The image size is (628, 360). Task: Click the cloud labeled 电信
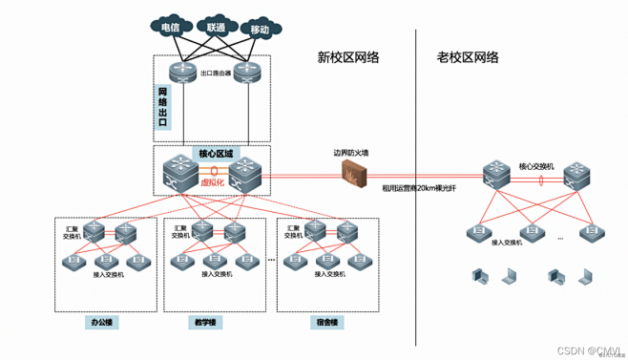(171, 27)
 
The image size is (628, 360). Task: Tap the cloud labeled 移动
(259, 30)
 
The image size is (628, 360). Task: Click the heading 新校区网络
(348, 57)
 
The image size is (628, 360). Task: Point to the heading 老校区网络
(468, 57)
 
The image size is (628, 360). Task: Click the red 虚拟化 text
(212, 180)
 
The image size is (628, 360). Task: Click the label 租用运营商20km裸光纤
(419, 189)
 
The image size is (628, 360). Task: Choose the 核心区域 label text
(215, 153)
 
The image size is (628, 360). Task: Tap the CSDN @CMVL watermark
(592, 349)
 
